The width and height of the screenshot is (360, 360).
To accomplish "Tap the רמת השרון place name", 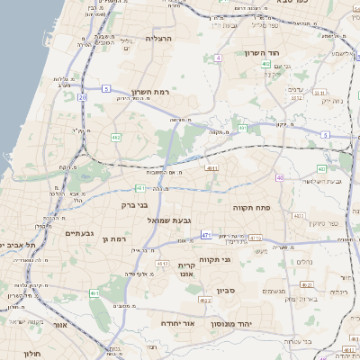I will [150, 92].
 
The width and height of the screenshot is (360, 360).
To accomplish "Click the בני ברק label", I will [135, 205].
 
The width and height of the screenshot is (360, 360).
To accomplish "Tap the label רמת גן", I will [118, 238].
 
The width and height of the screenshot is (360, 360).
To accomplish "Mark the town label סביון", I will [225, 290].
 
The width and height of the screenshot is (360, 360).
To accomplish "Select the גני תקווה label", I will [238, 259].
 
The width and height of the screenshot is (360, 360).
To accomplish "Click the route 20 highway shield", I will [82, 96].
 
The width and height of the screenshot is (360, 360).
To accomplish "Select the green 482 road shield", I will [116, 137].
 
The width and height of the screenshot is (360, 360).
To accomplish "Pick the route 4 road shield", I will [218, 58].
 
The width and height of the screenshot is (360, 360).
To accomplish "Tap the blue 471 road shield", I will [206, 235].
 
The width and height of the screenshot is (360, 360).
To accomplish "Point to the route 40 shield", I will [280, 177].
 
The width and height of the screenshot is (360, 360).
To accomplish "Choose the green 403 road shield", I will [321, 169].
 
